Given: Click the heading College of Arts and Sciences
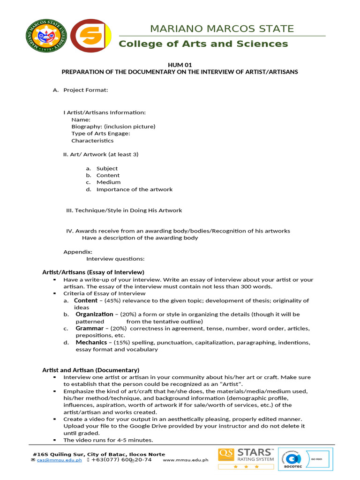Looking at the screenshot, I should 203,44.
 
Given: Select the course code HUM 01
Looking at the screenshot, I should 180,65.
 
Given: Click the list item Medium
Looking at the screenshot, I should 108,182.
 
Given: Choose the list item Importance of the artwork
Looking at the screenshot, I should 134,189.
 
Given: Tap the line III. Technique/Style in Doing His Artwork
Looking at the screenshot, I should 124,210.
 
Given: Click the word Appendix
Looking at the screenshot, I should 78,252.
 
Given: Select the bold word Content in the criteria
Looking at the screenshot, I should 86,300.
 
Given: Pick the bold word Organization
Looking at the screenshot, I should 94,314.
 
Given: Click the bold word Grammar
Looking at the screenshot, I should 89,329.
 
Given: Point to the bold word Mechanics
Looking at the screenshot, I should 91,342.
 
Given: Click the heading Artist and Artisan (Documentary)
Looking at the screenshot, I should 90,370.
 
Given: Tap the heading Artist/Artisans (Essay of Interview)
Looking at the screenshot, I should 93,272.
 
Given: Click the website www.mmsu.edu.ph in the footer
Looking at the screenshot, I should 185,460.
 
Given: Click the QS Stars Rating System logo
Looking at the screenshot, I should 246,459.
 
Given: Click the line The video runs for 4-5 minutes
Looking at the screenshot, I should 108,440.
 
